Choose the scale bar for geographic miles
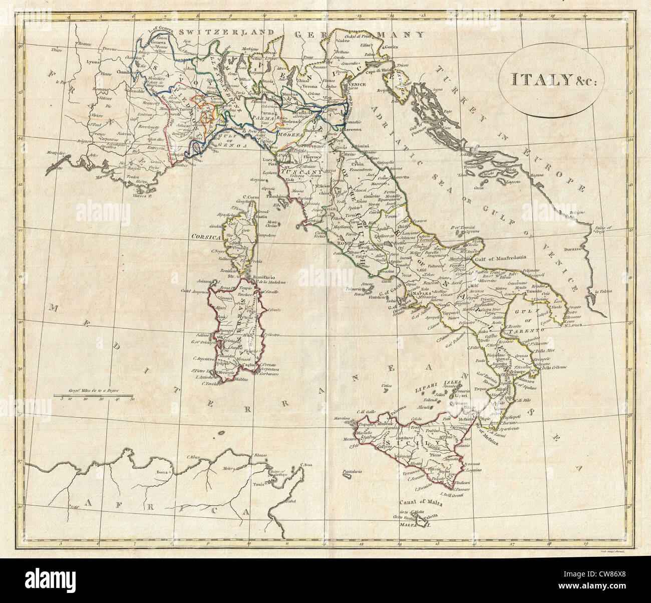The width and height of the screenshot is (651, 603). tap(95, 396)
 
